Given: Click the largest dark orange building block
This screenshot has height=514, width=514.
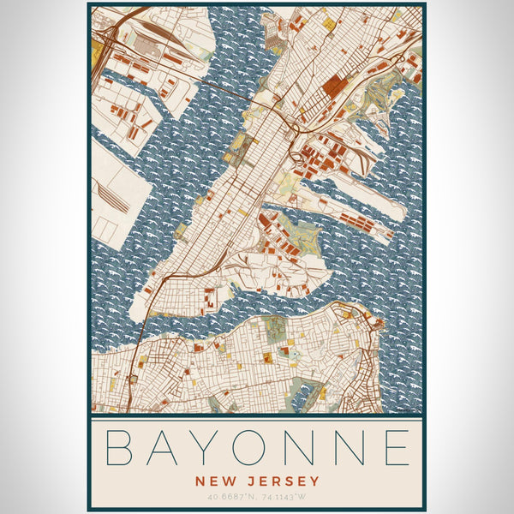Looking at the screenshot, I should tap(333, 86).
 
